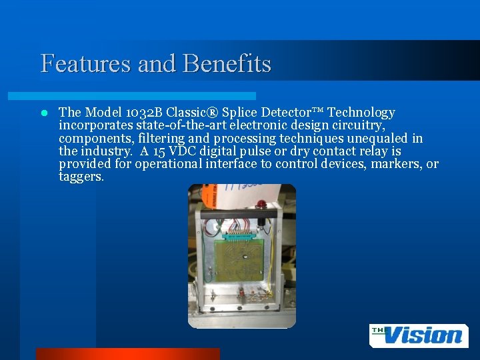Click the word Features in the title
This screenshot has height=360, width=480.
coord(85,63)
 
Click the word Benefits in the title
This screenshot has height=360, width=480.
coord(227,63)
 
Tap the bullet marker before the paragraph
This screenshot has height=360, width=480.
coord(44,113)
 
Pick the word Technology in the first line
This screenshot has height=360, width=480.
coord(361,113)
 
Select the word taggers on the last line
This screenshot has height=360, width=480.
coord(81,177)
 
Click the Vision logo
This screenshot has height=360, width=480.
coord(419,335)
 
